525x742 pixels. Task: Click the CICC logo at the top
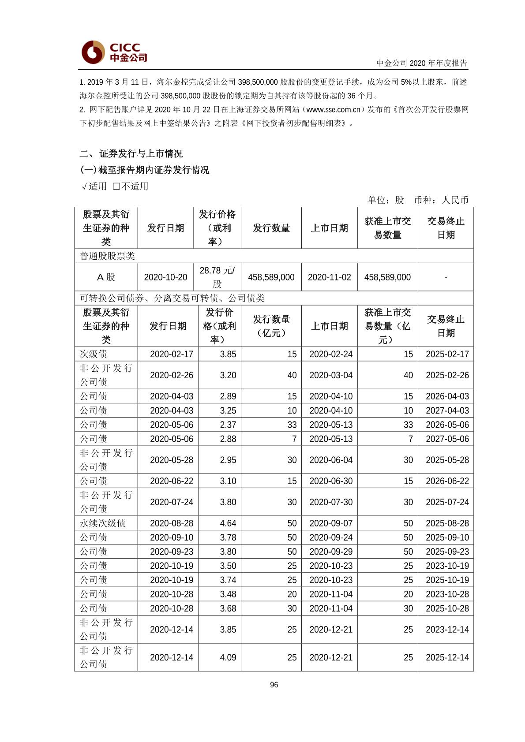pos(114,52)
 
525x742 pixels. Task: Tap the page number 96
pos(274,685)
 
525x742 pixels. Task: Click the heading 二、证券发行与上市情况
pos(131,153)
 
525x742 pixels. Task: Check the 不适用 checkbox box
pos(116,186)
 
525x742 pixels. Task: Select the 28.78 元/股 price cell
pos(217,277)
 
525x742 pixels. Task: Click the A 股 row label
pos(106,277)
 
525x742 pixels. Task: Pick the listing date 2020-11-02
pos(329,277)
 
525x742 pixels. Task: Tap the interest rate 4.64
pos(228,523)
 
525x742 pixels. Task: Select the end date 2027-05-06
pos(447,439)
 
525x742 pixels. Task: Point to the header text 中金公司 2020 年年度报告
pos(421,63)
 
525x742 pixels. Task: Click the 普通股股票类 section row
pos(107,256)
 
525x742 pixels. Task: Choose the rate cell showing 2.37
pos(228,425)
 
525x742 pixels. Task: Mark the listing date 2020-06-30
pos(331,481)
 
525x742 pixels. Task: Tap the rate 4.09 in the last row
pos(228,657)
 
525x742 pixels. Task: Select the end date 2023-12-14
pos(447,630)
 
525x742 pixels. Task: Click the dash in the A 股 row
pos(446,277)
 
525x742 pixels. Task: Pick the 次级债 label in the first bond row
pos(94,354)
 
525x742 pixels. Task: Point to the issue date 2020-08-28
pos(172,523)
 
